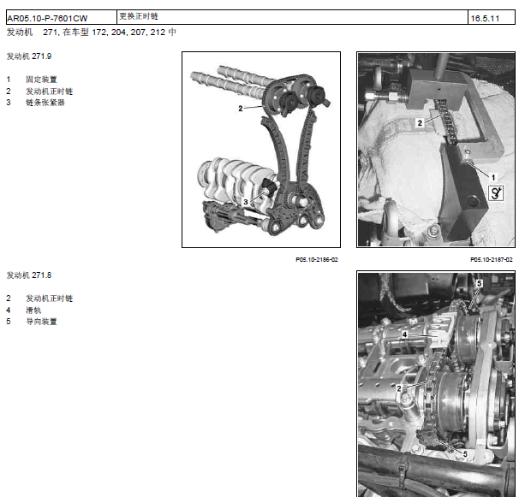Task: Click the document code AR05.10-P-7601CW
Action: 47,18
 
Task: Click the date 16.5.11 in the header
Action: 485,19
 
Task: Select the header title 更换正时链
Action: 139,16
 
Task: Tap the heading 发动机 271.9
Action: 29,56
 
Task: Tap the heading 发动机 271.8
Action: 29,275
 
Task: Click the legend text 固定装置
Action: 41,80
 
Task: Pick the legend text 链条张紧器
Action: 45,103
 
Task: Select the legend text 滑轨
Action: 33,311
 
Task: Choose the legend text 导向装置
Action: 41,322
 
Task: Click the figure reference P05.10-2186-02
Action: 317,259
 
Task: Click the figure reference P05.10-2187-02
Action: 492,259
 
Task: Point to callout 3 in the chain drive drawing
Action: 246,202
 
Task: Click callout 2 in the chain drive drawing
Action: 241,108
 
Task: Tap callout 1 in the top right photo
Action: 493,178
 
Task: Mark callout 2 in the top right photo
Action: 420,123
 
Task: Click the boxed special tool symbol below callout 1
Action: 496,193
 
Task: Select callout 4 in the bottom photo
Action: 404,334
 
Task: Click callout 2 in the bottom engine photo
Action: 399,388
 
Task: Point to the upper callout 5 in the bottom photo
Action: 479,283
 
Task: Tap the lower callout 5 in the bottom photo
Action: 465,454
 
